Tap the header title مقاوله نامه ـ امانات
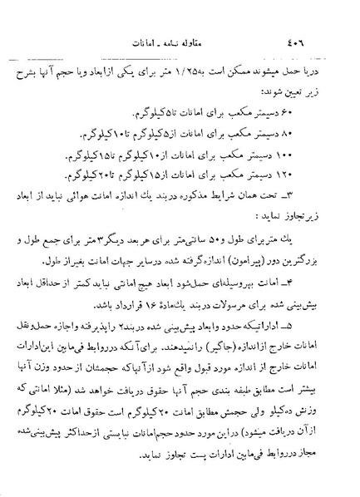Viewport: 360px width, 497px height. (x=180, y=43)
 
